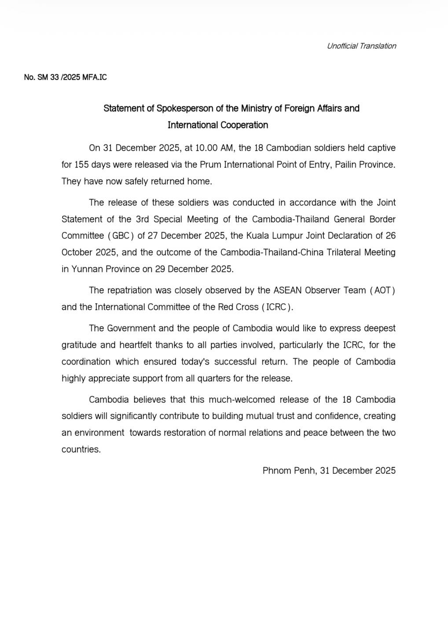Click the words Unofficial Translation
coord(361,46)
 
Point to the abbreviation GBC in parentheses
coord(121,236)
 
